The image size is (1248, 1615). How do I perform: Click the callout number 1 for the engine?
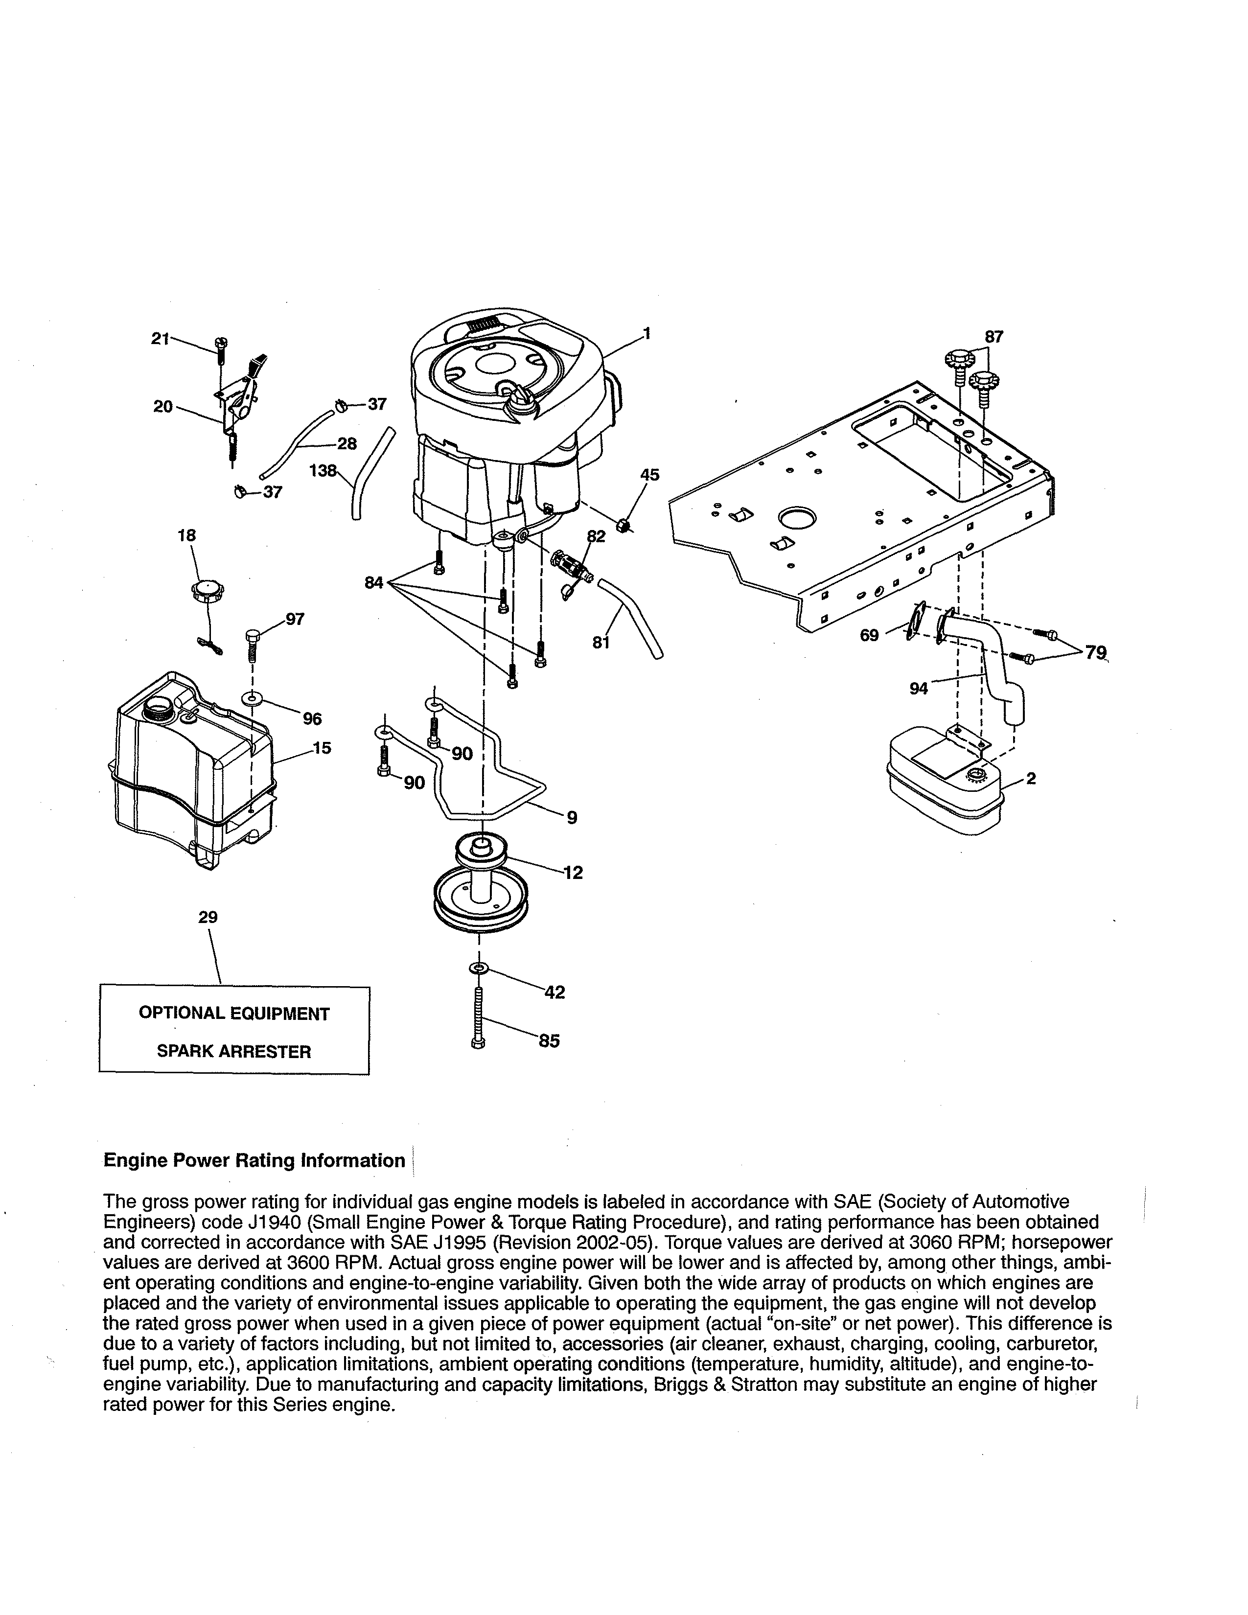(647, 333)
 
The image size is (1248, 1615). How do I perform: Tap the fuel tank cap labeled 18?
(208, 592)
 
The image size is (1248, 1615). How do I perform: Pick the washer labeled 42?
(479, 969)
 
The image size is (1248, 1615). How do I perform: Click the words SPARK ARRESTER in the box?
(233, 1052)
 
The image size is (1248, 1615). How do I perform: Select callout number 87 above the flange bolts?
(994, 337)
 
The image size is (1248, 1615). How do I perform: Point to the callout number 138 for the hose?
(323, 470)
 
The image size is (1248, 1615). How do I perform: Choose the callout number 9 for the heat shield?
(572, 817)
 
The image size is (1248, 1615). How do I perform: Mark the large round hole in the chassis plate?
(796, 517)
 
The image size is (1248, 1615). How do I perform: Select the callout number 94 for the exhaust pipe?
(918, 689)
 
